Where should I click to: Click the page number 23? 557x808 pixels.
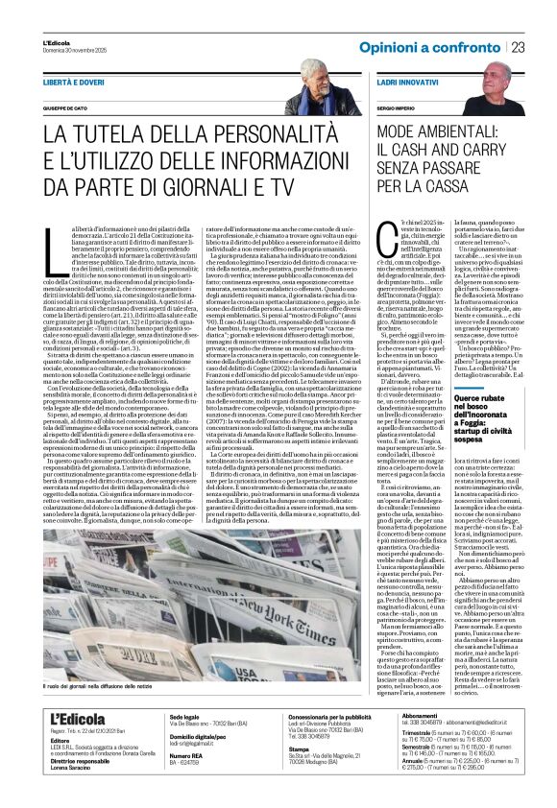click(518, 47)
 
